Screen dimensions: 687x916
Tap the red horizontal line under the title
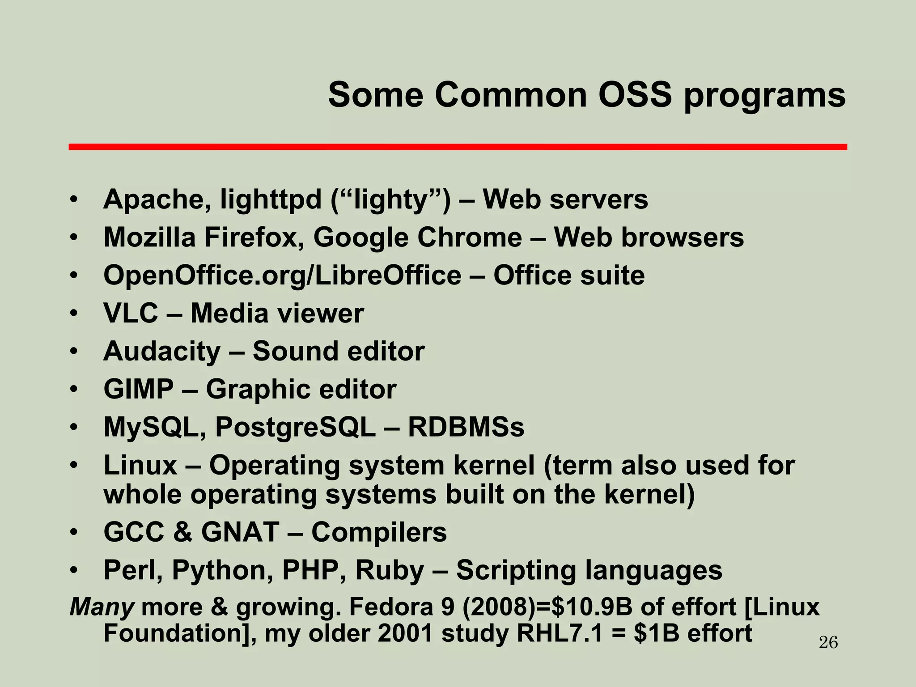(x=458, y=147)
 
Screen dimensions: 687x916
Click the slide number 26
(x=828, y=643)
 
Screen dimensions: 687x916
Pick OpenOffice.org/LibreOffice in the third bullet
(x=282, y=275)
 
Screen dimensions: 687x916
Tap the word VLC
(x=131, y=313)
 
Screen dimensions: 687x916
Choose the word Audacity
(x=162, y=352)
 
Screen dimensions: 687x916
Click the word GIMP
(x=138, y=389)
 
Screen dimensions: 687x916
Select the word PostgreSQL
(x=296, y=428)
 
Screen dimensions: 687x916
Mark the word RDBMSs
(x=466, y=427)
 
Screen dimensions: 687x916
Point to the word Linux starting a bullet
(x=140, y=466)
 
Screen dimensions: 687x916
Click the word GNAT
(x=240, y=532)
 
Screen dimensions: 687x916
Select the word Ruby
(x=390, y=571)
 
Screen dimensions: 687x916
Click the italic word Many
(x=102, y=607)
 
